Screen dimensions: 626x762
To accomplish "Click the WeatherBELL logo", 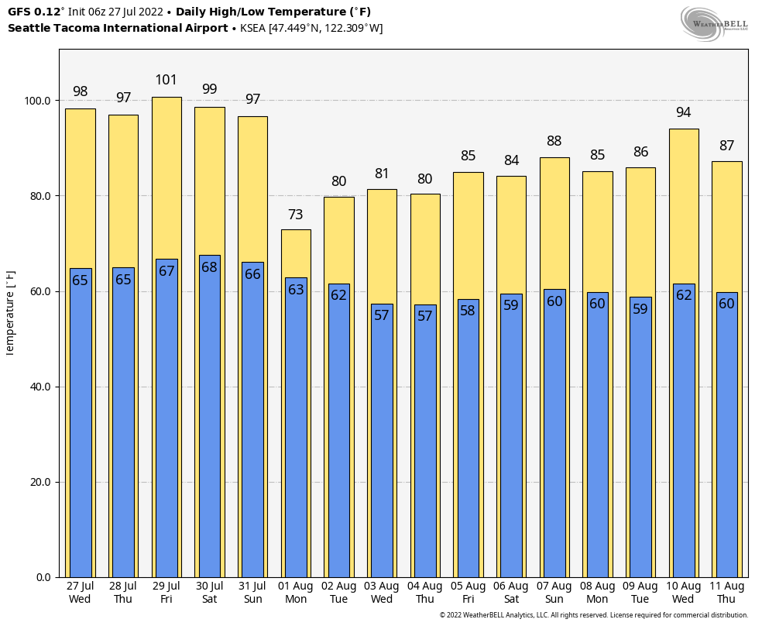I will [714, 23].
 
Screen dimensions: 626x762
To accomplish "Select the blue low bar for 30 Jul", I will [209, 418].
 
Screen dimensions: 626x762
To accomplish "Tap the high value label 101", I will [166, 80].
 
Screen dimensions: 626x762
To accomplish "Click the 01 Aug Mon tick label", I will [296, 593].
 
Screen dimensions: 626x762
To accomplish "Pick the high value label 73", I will [296, 215].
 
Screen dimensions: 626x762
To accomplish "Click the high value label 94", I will [683, 112].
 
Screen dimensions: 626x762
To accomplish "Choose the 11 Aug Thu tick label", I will [726, 593].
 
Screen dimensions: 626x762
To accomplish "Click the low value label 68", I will [209, 267].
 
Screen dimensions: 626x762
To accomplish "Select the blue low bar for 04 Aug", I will [424, 442].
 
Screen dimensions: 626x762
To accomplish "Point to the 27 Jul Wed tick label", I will [80, 593].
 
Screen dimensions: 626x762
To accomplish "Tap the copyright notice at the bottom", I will [594, 615].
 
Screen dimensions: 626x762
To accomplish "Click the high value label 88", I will [554, 141].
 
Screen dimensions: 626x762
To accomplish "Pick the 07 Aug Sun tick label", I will [554, 593].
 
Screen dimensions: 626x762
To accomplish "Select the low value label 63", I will [296, 290].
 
